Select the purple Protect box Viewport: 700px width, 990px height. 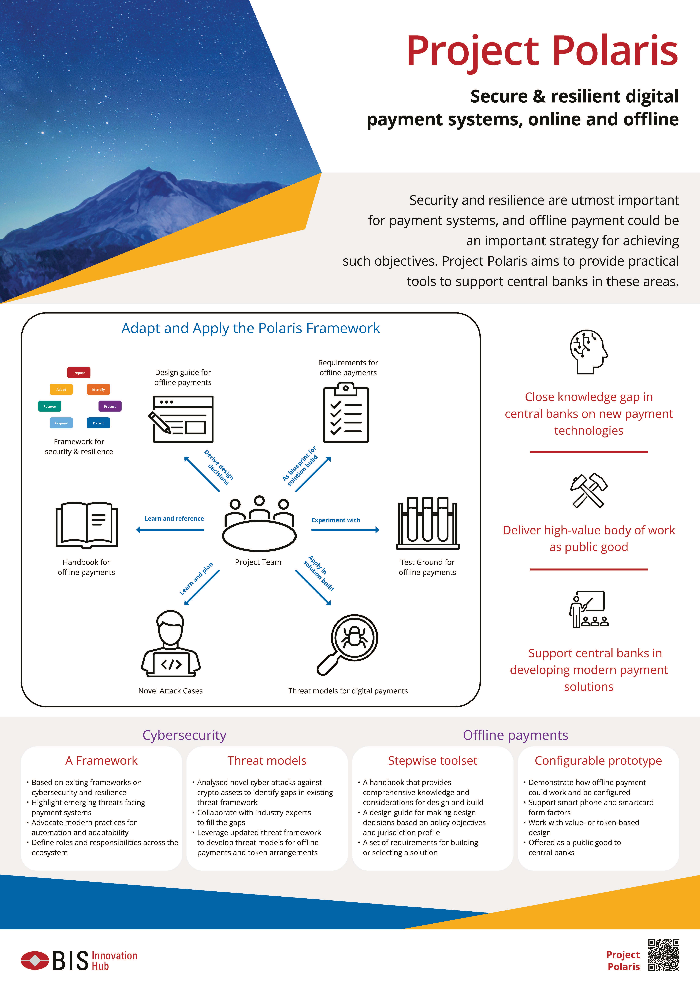(110, 406)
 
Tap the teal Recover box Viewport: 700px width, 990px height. (50, 406)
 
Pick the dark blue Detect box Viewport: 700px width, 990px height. (98, 423)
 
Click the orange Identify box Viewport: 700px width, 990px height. (98, 389)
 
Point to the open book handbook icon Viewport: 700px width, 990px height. (87, 525)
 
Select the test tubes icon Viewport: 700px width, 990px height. (428, 523)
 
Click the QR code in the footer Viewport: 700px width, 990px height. (664, 955)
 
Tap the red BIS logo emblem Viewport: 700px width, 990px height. (35, 960)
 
